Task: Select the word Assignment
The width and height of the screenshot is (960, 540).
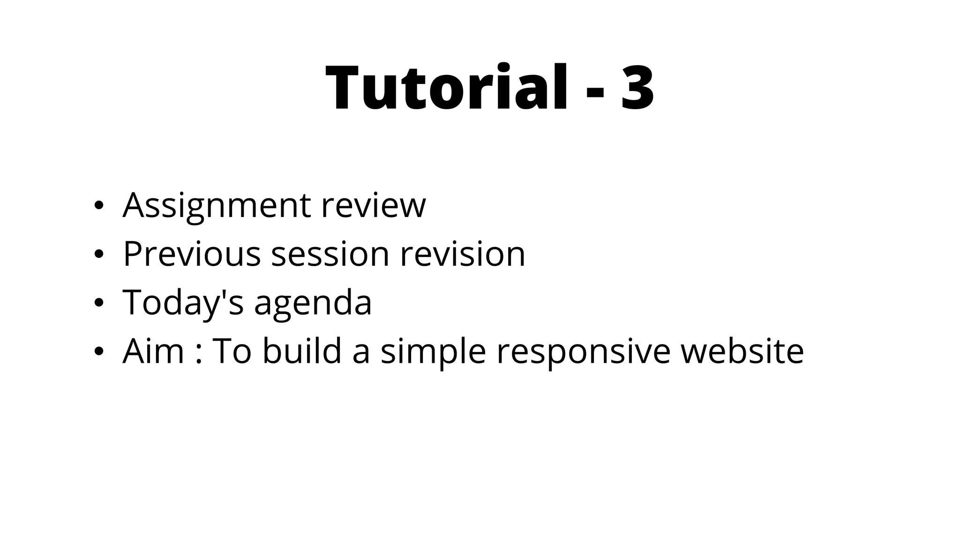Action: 217,206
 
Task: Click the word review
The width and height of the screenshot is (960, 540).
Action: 374,206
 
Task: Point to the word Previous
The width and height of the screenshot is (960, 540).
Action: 192,254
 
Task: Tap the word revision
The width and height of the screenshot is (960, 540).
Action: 463,254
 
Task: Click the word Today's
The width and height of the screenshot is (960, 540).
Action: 183,303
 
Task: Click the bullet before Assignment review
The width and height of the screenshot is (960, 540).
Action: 98,206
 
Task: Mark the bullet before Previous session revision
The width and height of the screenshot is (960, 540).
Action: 98,255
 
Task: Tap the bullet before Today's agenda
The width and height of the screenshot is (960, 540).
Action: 98,303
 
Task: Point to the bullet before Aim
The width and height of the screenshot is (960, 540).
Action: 98,352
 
